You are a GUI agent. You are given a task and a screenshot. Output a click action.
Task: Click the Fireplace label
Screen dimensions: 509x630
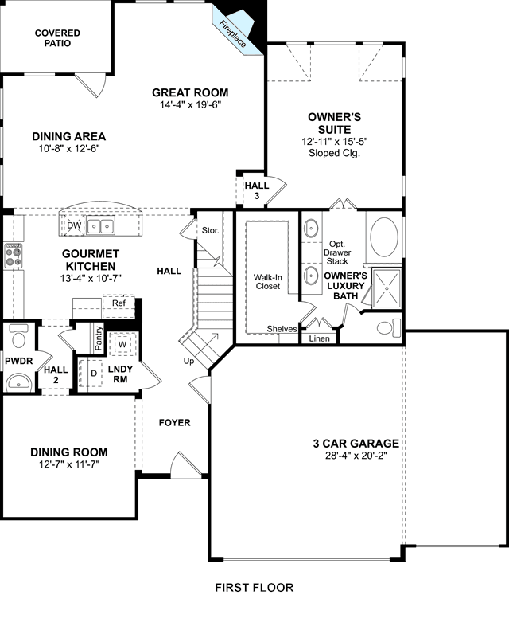click(233, 34)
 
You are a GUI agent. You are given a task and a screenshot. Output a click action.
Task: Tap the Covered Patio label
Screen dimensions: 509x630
click(57, 38)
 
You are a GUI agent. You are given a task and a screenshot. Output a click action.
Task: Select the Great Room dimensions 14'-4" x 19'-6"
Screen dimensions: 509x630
click(191, 105)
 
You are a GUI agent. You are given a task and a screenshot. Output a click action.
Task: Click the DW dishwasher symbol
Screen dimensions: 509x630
click(74, 226)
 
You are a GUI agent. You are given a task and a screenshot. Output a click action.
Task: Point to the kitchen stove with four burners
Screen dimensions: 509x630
click(13, 256)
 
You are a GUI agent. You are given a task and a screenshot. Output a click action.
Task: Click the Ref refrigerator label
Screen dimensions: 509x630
click(119, 303)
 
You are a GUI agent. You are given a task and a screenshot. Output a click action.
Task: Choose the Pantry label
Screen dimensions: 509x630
click(99, 338)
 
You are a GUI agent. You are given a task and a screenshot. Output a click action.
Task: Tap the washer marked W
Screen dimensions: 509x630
click(122, 344)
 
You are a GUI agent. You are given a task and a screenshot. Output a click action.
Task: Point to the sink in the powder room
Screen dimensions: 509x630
click(18, 382)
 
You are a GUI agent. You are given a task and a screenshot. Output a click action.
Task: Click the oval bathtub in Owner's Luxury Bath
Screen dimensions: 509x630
click(384, 237)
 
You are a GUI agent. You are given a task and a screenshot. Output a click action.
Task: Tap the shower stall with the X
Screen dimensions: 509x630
click(387, 288)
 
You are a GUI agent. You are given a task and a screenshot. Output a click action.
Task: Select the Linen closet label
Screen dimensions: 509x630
click(319, 338)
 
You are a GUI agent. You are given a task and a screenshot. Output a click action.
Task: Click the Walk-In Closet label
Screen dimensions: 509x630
click(268, 282)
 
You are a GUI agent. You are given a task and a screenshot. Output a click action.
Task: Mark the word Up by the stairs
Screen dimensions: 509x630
click(188, 361)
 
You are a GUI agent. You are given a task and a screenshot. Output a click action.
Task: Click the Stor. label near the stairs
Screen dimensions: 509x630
click(210, 230)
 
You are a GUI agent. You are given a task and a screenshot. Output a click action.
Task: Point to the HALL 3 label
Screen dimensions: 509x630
click(257, 191)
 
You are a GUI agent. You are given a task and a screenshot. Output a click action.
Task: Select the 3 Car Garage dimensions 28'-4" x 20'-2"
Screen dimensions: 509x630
click(356, 456)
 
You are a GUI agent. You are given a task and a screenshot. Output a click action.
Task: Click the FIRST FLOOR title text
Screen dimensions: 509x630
click(254, 588)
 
